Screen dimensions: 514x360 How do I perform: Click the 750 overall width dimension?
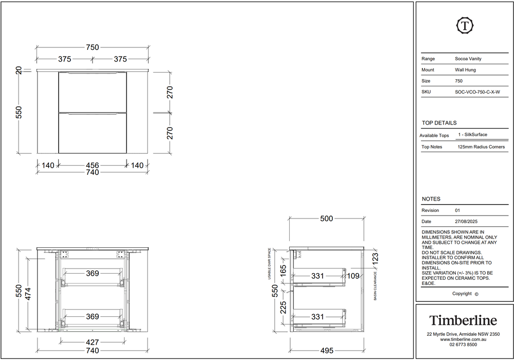tap(93, 47)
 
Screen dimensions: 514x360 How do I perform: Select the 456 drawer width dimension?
tap(93, 166)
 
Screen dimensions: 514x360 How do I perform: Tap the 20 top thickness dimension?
tap(19, 70)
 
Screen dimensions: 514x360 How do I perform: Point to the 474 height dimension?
tap(28, 294)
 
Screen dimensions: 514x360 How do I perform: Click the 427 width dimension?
tap(93, 343)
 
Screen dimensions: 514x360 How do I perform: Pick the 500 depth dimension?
tap(327, 219)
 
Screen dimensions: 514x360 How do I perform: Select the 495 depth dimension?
tap(327, 351)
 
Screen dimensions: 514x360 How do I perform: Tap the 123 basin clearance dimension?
tap(375, 258)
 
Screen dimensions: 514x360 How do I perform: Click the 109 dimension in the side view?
tap(353, 276)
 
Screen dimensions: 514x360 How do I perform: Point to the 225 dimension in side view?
tap(283, 307)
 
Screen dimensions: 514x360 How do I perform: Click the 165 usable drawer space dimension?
tap(283, 270)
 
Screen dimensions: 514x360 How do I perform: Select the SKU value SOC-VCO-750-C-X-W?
tap(477, 92)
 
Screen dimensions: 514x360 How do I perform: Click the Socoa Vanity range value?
tap(468, 59)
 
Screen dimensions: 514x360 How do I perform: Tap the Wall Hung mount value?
tap(465, 70)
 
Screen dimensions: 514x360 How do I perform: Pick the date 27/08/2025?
tap(466, 222)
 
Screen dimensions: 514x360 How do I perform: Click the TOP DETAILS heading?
tap(439, 123)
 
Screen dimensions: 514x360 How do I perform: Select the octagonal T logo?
tap(465, 25)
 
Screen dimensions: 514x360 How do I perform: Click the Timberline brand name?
tap(463, 320)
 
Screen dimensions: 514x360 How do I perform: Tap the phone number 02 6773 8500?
tap(463, 345)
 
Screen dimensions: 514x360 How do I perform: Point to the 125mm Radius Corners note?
tap(481, 147)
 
